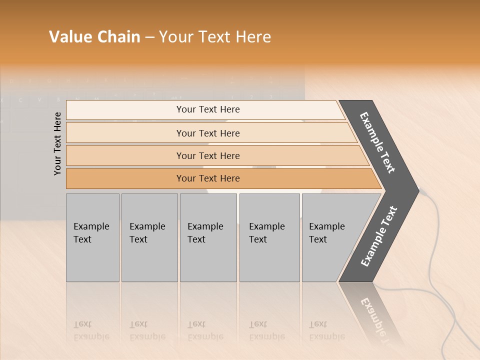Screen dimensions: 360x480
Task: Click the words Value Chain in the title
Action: click(x=94, y=37)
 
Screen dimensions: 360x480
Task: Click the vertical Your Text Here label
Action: click(x=58, y=143)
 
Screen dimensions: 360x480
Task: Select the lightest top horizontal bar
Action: click(x=207, y=109)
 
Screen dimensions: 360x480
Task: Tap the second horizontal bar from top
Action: click(x=207, y=133)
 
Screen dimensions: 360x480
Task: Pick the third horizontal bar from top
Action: click(x=207, y=155)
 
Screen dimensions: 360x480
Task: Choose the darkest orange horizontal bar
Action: click(x=207, y=178)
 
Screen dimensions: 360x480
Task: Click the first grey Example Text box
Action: click(x=92, y=237)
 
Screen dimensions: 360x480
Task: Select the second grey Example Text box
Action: click(x=149, y=237)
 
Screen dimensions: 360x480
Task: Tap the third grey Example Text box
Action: click(x=208, y=237)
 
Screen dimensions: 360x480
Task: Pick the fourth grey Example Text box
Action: click(x=269, y=237)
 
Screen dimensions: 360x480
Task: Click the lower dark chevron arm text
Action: click(x=379, y=236)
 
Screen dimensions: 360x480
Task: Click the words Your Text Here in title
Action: click(x=215, y=37)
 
